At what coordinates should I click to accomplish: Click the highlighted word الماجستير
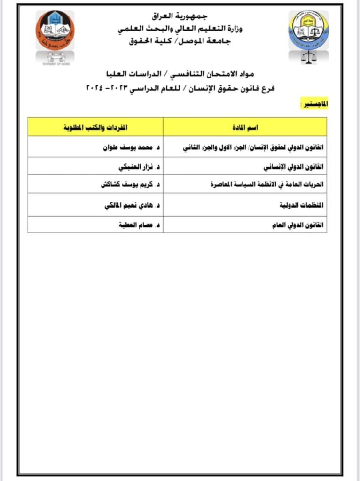[x=313, y=103]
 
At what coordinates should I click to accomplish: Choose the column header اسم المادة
[x=245, y=127]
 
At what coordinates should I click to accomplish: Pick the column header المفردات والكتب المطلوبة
[x=95, y=127]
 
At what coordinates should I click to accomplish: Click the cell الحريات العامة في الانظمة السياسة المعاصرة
[x=267, y=185]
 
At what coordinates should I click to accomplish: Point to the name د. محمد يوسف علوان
[x=130, y=147]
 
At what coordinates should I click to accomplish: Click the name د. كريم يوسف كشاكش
[x=128, y=185]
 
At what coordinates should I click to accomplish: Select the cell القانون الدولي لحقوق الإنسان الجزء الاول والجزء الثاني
[x=254, y=147]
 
